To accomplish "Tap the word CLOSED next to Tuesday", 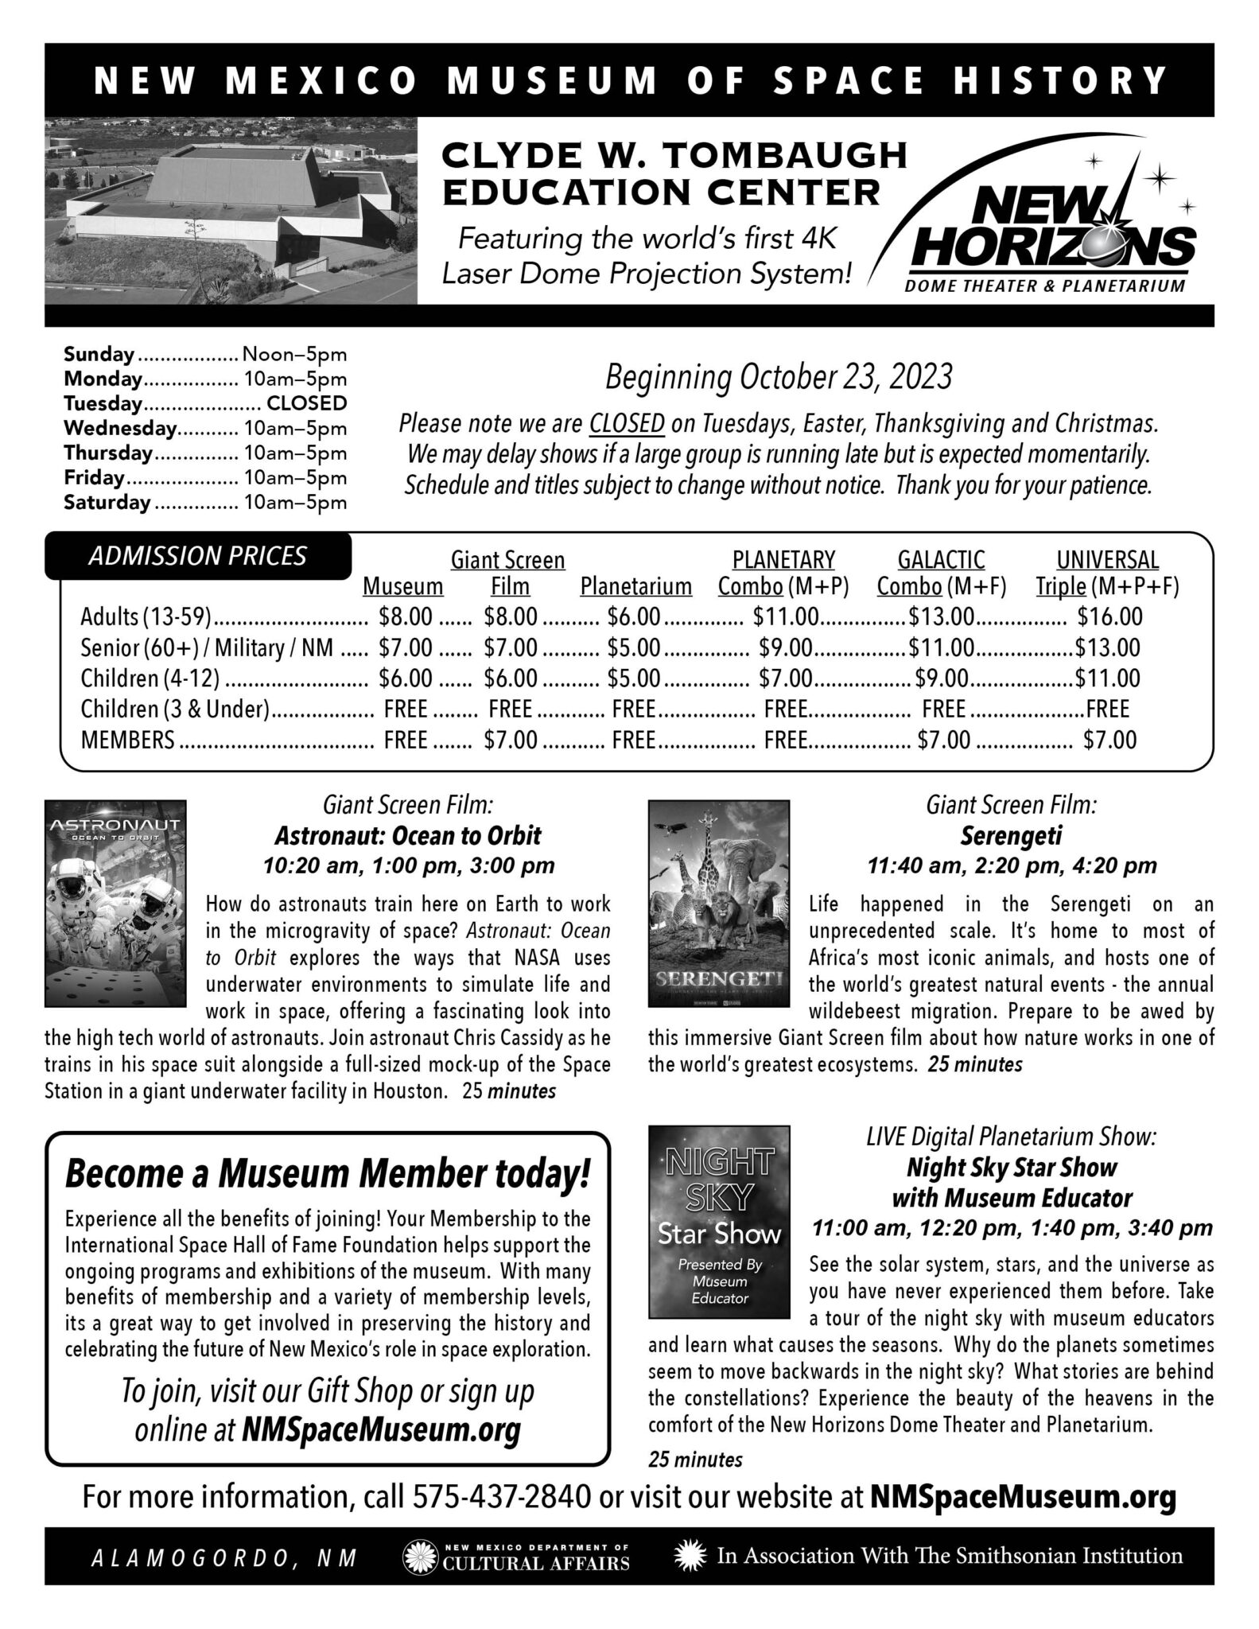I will (306, 403).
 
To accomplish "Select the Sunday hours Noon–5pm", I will (294, 354).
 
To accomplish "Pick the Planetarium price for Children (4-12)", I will (634, 678).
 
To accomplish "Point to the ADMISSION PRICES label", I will (197, 556).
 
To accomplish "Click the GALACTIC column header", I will (941, 560).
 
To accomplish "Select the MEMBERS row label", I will (127, 741).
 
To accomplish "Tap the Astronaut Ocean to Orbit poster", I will (115, 902).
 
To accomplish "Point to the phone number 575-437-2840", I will (502, 1498).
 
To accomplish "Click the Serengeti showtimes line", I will (1012, 865).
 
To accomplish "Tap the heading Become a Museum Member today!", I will (328, 1175).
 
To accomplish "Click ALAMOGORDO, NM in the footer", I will (225, 1557).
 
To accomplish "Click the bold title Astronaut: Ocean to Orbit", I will (407, 836).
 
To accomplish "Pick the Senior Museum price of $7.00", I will (406, 647).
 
